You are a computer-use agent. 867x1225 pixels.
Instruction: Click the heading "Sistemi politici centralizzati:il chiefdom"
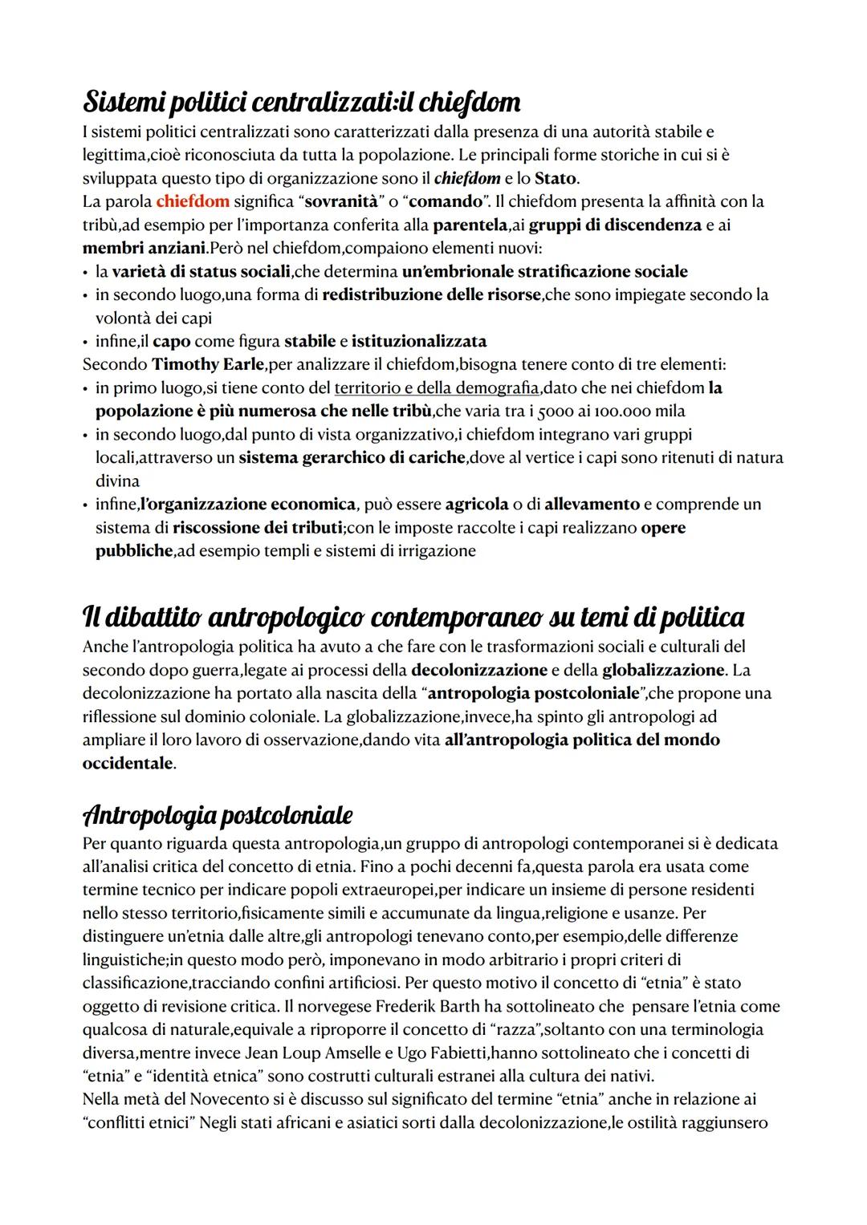301,102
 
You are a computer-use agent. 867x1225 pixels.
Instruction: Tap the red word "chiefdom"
193,201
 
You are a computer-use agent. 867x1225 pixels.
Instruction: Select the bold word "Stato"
555,178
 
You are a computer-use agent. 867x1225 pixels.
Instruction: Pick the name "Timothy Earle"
208,364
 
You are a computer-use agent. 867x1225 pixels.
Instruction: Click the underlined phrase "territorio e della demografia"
436,388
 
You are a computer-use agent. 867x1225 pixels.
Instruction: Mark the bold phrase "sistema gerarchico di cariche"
352,458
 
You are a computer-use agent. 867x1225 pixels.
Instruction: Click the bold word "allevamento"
592,505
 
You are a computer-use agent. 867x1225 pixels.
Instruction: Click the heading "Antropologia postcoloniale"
217,815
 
